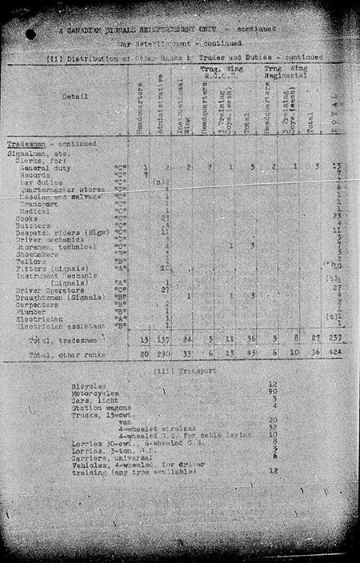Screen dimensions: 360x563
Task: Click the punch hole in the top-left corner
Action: (30, 34)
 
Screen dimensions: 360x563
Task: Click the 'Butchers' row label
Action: (33, 225)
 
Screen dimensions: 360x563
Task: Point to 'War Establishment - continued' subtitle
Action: (180, 45)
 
